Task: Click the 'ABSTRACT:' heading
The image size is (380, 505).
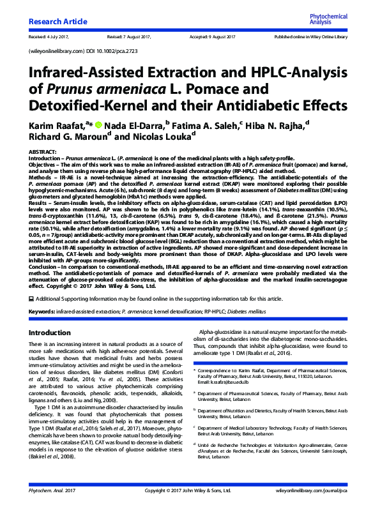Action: coord(43,148)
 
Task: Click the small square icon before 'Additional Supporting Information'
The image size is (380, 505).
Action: coord(32,299)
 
